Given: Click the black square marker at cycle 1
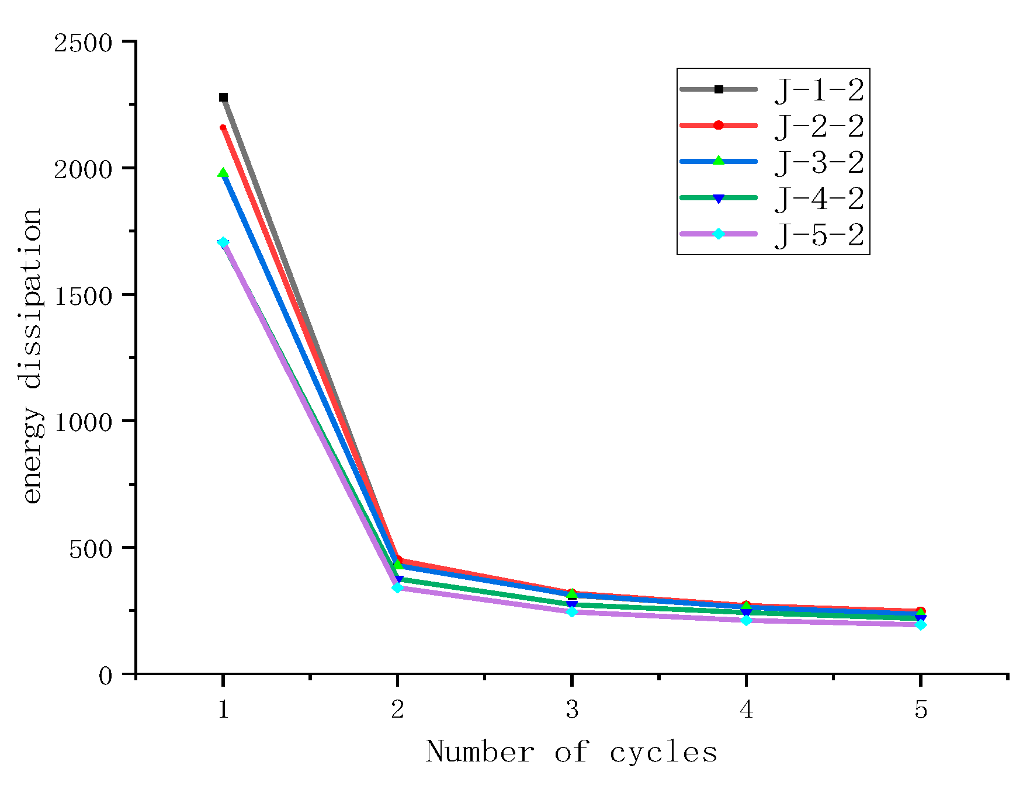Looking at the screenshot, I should tap(223, 98).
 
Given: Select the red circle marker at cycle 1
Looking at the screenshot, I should tap(223, 127).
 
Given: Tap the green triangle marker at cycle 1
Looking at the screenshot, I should tap(223, 173).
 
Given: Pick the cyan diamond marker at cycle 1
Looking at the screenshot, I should tap(223, 242).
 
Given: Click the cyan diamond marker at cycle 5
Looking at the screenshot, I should tap(920, 625).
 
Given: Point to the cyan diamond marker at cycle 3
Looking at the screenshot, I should tap(572, 612).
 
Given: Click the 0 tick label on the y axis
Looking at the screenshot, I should tap(105, 676).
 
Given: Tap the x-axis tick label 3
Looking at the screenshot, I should tap(572, 709).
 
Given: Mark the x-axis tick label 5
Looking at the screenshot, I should tap(921, 709).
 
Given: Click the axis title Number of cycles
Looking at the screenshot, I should tap(571, 752).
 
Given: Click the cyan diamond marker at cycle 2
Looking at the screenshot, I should tap(397, 587).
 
